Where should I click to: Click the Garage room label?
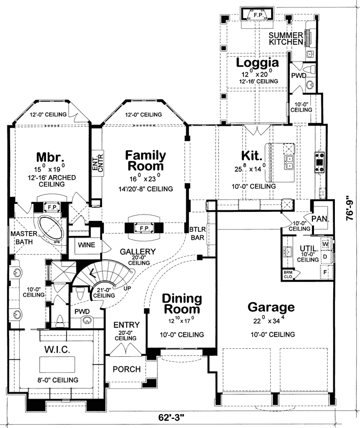[271, 308]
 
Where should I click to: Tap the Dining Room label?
[182, 304]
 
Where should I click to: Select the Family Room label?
[145, 160]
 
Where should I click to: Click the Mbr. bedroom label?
[50, 158]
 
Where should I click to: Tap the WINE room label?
[87, 244]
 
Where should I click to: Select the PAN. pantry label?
[320, 219]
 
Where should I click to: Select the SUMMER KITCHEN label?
[286, 38]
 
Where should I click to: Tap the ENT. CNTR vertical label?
[97, 164]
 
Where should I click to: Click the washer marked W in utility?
[324, 245]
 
